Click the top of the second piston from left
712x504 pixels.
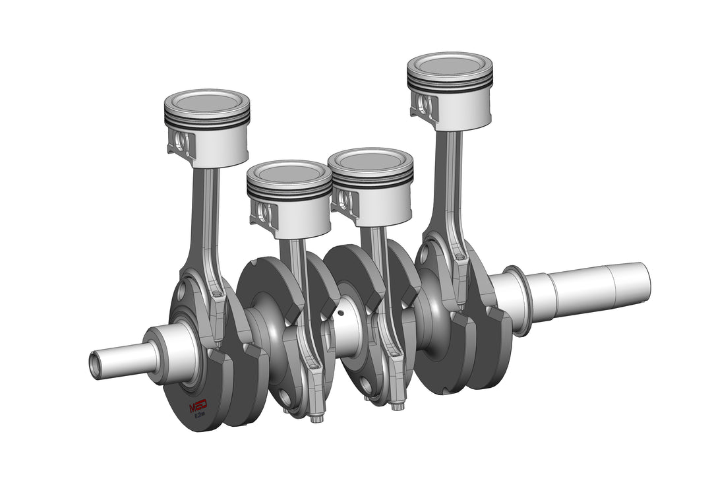click(x=289, y=173)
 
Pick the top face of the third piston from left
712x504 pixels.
click(x=371, y=160)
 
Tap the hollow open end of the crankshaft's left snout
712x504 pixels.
click(x=95, y=365)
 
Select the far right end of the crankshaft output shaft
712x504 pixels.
click(x=642, y=280)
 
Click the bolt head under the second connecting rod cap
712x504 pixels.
click(x=317, y=418)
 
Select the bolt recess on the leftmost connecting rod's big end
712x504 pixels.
click(x=216, y=293)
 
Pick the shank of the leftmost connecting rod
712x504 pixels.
click(x=202, y=218)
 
